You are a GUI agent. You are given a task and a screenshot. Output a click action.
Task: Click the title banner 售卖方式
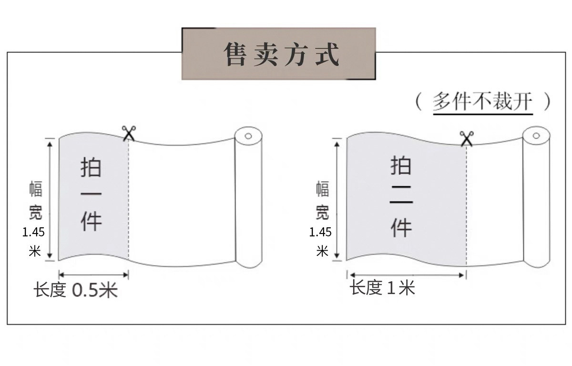[279, 54]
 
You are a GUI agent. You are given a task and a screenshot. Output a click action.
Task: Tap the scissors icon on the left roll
[129, 133]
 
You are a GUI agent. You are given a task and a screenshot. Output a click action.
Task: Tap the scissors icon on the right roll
[466, 138]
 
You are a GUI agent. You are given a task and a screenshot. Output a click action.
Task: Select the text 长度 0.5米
[75, 290]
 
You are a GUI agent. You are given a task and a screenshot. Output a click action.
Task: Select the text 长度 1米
[382, 288]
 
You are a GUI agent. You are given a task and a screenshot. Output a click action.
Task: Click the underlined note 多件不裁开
[482, 102]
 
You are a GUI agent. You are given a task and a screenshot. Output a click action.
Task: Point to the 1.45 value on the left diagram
[34, 232]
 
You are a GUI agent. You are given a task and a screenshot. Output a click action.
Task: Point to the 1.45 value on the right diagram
[320, 233]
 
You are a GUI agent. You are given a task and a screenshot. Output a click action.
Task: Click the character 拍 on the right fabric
[401, 166]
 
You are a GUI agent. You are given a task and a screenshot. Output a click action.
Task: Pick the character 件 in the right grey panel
[401, 227]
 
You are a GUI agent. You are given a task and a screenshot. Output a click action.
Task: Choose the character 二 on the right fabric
[401, 196]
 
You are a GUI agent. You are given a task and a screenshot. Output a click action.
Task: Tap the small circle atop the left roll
[248, 137]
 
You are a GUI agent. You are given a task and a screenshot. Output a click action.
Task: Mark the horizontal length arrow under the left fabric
[93, 274]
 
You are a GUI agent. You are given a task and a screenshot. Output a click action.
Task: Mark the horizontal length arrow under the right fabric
[407, 275]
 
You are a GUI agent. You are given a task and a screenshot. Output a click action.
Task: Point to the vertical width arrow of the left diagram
[49, 199]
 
